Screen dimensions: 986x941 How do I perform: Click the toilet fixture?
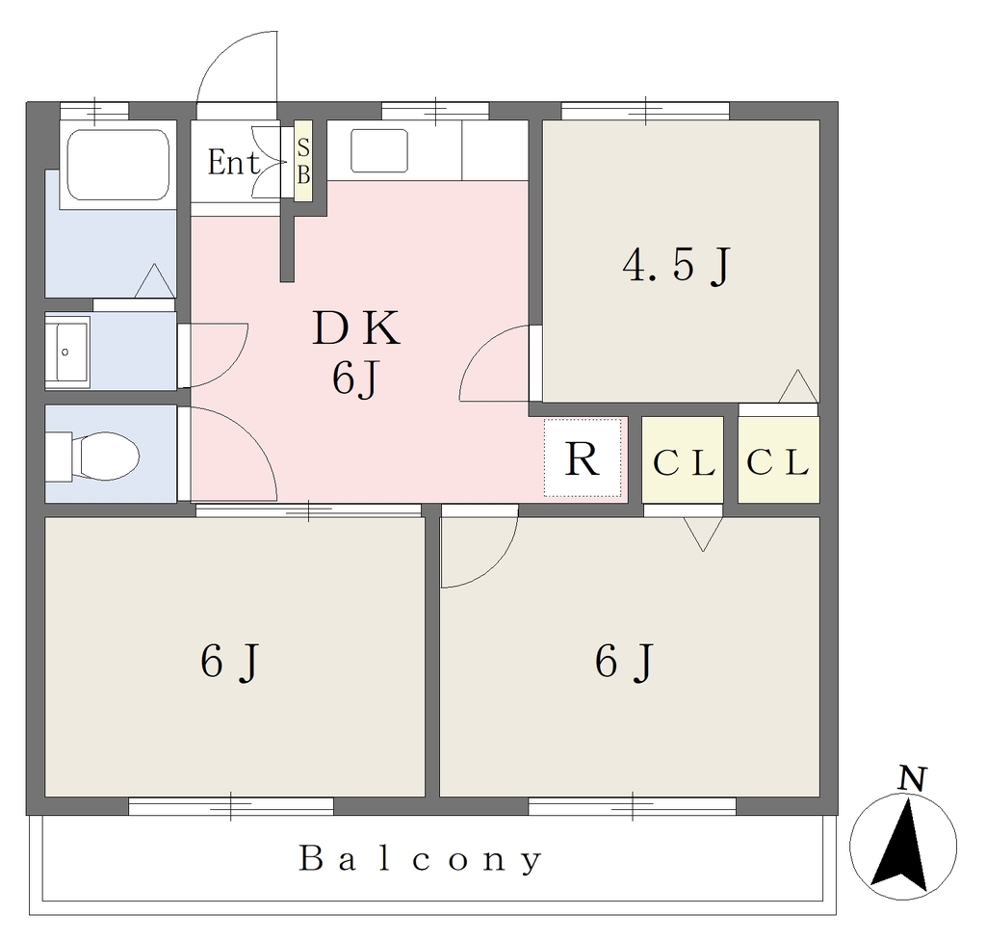pyautogui.click(x=92, y=456)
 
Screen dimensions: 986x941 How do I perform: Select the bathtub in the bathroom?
pyautogui.click(x=117, y=165)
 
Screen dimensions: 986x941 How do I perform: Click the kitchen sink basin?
pyautogui.click(x=379, y=150)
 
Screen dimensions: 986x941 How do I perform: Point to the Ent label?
pyautogui.click(x=233, y=162)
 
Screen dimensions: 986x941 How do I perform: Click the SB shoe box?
pyautogui.click(x=303, y=161)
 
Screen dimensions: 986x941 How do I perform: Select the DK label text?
pyautogui.click(x=356, y=327)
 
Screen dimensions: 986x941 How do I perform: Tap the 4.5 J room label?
pyautogui.click(x=677, y=265)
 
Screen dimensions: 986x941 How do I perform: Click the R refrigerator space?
pyautogui.click(x=583, y=457)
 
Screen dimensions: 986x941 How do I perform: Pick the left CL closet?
pyautogui.click(x=683, y=459)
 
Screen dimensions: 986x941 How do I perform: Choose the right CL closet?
pyautogui.click(x=778, y=459)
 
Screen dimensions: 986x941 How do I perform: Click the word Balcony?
pyautogui.click(x=420, y=859)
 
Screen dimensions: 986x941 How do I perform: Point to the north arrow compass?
pyautogui.click(x=903, y=845)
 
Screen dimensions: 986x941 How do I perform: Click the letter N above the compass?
pyautogui.click(x=913, y=779)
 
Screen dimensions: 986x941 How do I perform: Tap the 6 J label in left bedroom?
pyautogui.click(x=229, y=663)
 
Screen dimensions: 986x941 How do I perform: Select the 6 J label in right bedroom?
pyautogui.click(x=624, y=663)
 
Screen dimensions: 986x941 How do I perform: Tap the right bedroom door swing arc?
pyautogui.click(x=497, y=564)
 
